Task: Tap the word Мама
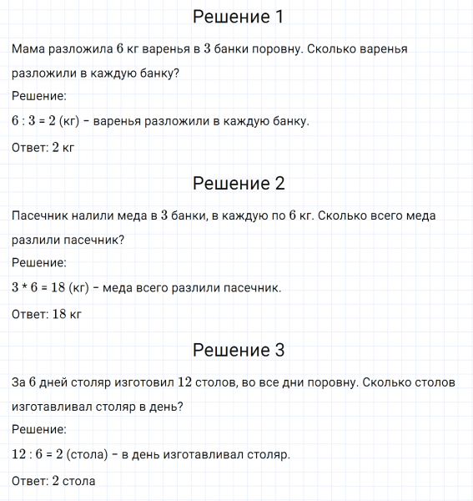click(x=30, y=49)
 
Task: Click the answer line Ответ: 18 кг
click(x=48, y=315)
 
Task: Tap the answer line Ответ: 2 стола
click(x=54, y=481)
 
